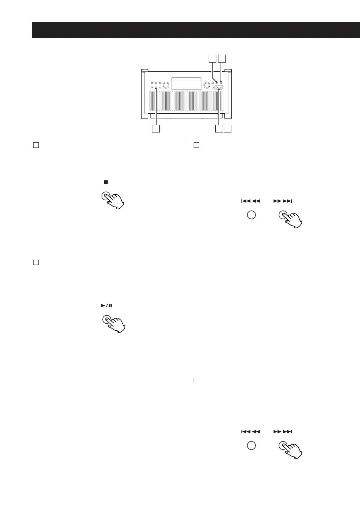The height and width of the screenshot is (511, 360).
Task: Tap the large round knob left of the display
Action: pos(166,85)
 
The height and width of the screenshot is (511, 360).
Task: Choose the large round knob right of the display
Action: pos(207,85)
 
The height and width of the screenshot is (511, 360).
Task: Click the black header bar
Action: pos(196,30)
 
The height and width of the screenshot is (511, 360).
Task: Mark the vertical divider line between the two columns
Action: pos(186,315)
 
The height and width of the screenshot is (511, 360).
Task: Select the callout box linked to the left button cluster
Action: pos(156,129)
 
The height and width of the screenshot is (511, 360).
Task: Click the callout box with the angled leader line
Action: pos(212,58)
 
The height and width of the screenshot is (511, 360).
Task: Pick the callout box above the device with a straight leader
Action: pos(222,58)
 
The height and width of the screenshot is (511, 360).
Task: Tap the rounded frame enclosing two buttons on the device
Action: pos(219,88)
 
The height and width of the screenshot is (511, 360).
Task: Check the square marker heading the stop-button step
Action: pos(35,145)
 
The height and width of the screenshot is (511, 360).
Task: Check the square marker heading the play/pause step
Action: pos(35,262)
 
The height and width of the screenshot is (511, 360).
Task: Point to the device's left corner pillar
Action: pos(144,94)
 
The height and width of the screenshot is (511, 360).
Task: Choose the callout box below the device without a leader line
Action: pos(228,129)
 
